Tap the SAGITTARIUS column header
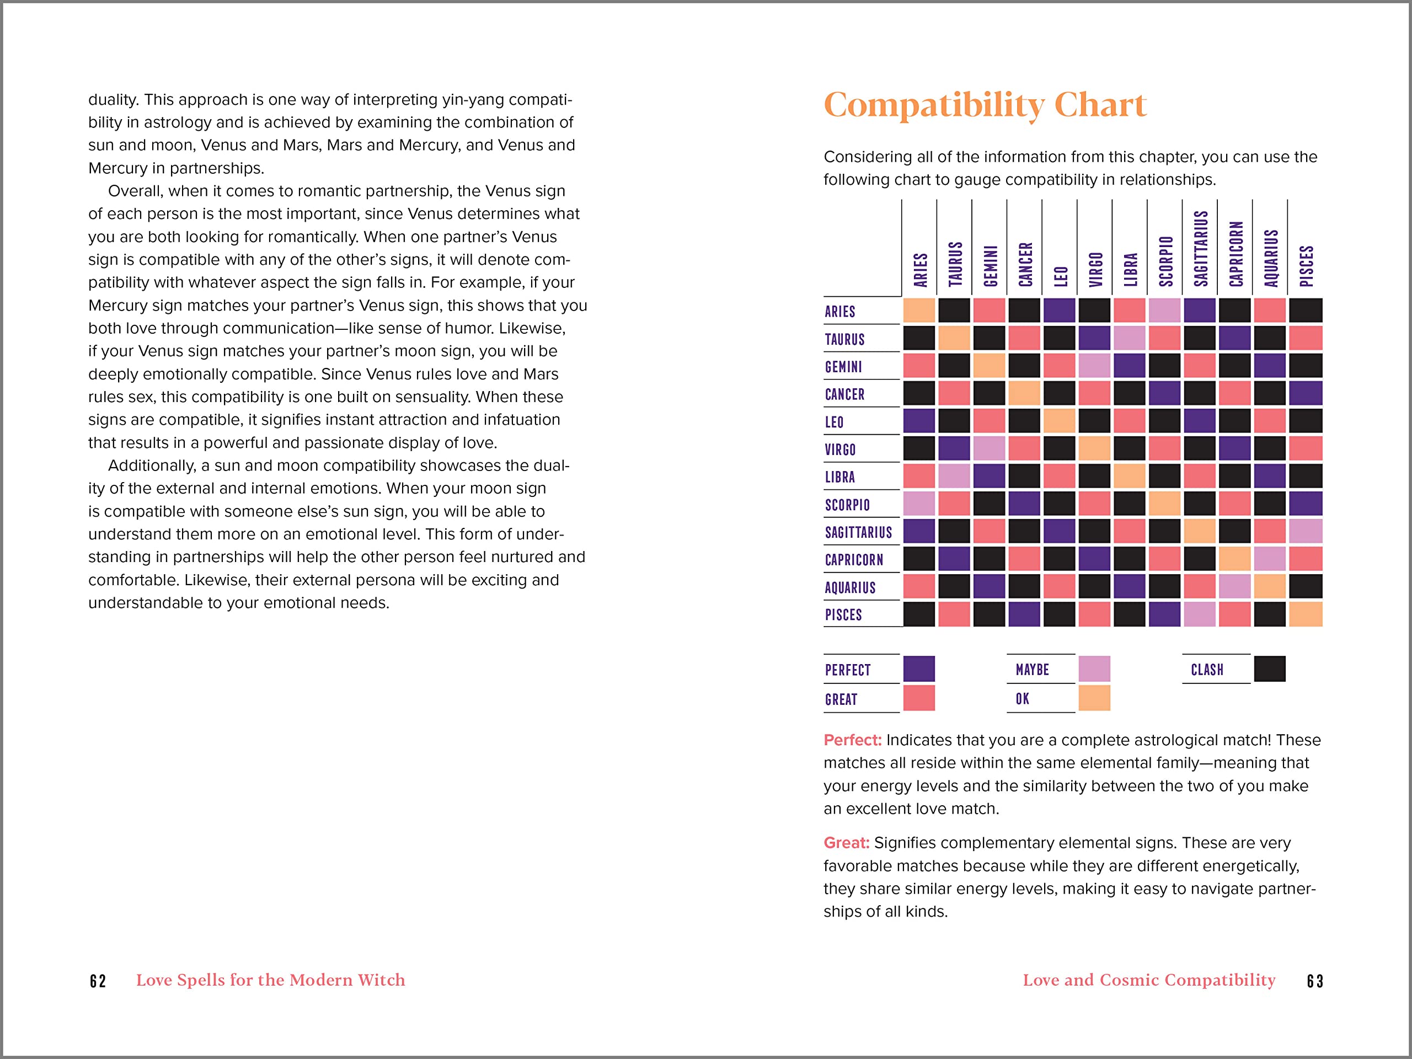tap(1201, 249)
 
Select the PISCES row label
tap(843, 615)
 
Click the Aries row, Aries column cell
tap(918, 310)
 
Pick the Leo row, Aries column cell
tap(918, 421)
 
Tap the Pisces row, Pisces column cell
tap(1306, 614)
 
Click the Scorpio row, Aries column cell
tap(918, 504)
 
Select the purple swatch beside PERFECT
tap(918, 668)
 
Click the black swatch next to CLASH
tap(1270, 668)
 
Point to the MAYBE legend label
tap(1032, 669)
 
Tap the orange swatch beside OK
tap(1094, 698)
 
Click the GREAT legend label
tap(841, 699)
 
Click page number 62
tap(98, 981)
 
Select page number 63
tap(1315, 981)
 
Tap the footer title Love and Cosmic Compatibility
tap(1149, 980)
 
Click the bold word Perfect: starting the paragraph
tap(852, 740)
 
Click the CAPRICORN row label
tap(853, 560)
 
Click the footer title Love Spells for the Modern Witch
tap(271, 980)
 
